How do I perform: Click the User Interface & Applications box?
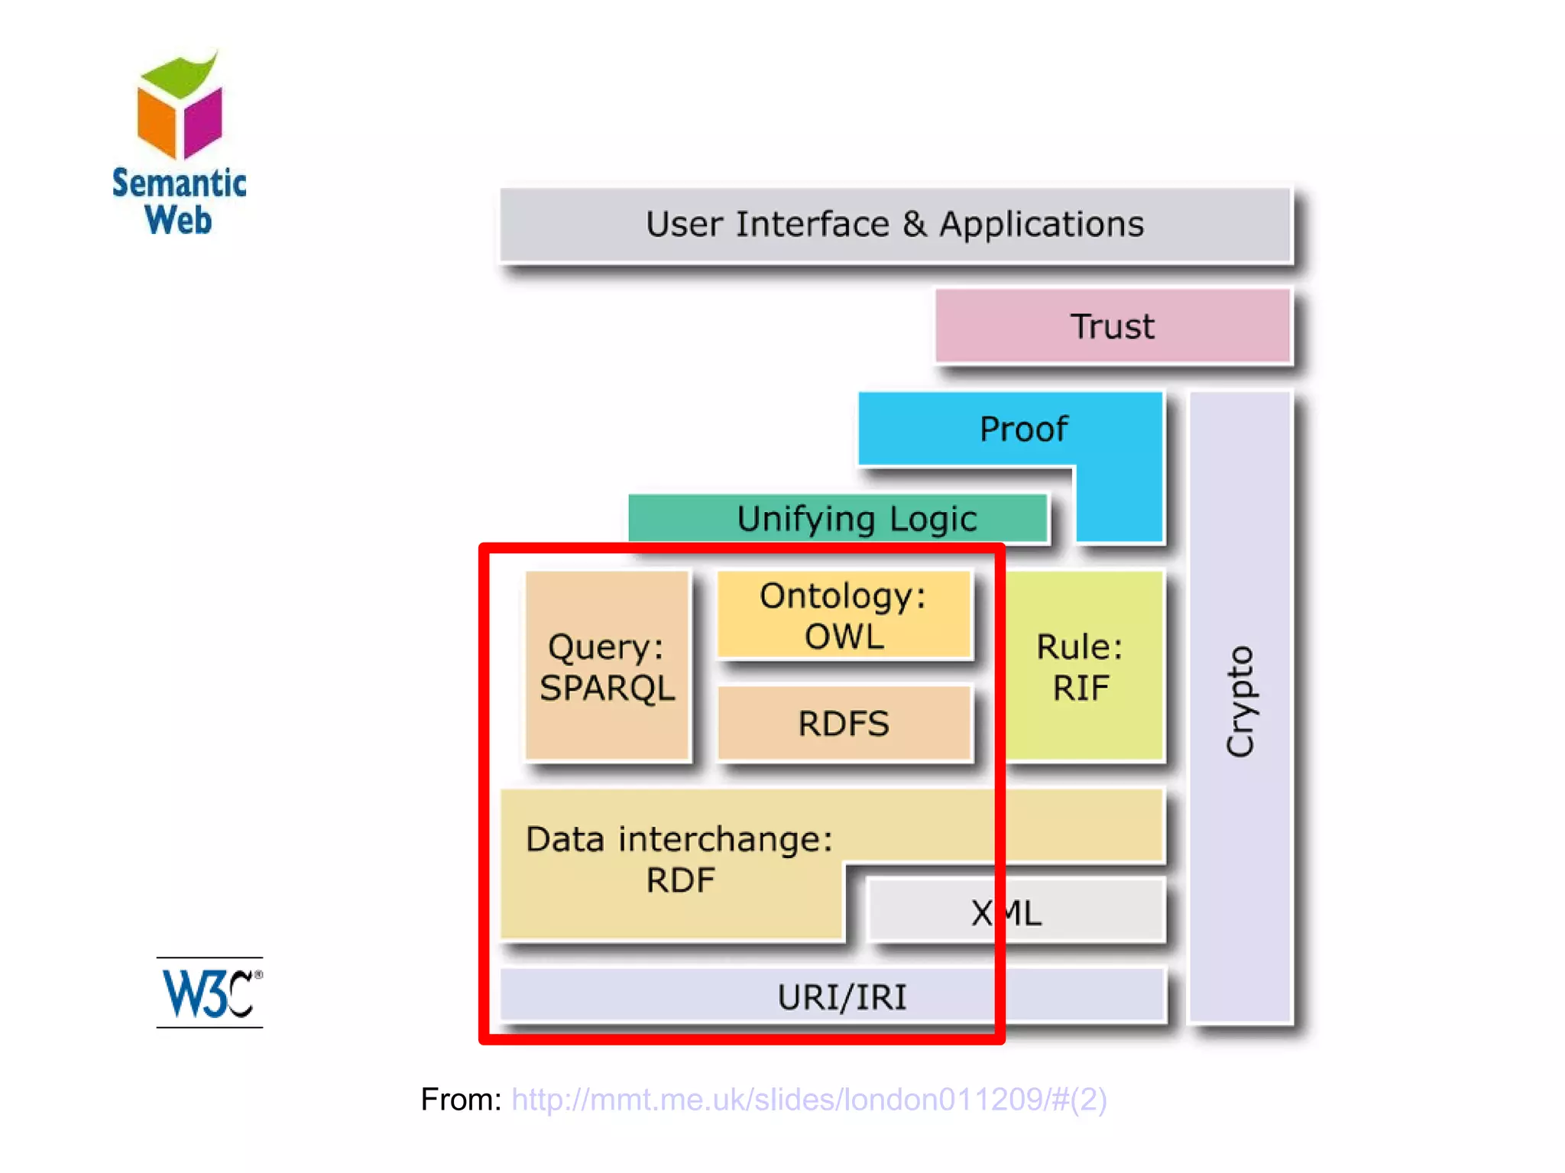pos(895,225)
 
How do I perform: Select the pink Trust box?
pos(1113,326)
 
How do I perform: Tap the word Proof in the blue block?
pos(1023,429)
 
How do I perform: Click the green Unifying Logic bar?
pos(838,518)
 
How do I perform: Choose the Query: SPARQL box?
pos(608,666)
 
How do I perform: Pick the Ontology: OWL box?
pos(844,614)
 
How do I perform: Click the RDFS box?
pos(844,723)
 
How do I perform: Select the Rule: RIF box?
pos(1084,666)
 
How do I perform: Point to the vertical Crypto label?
pos(1239,702)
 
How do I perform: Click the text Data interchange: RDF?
pos(679,859)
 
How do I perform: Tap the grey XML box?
pos(1016,911)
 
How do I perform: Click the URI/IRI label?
pos(842,997)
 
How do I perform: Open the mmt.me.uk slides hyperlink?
pos(809,1099)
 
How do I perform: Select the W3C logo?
pos(210,993)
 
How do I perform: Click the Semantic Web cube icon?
pos(180,105)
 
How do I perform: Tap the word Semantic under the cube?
pos(180,183)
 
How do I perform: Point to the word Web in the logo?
pos(178,220)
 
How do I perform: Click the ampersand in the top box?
pos(914,224)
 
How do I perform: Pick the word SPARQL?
pos(608,688)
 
